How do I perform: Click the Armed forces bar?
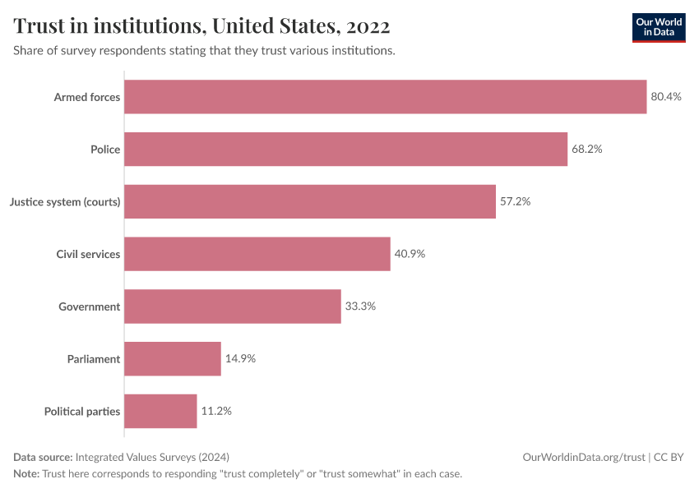(385, 97)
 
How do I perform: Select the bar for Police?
(345, 150)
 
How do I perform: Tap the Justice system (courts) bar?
(310, 201)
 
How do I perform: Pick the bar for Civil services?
(257, 254)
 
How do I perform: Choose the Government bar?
(233, 306)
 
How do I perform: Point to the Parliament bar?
(173, 359)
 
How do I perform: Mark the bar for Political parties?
(161, 411)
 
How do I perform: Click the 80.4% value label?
(666, 97)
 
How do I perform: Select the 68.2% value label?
(587, 150)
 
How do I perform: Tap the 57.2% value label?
(516, 201)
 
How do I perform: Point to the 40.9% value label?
(410, 254)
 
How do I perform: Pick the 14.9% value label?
(240, 359)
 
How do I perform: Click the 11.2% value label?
(216, 411)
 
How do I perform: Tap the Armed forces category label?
(87, 97)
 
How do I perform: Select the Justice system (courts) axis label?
(65, 201)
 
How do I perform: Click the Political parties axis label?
(82, 411)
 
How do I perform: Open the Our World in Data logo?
(658, 27)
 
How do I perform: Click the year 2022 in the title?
(368, 25)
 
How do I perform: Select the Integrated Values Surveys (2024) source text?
(152, 457)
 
